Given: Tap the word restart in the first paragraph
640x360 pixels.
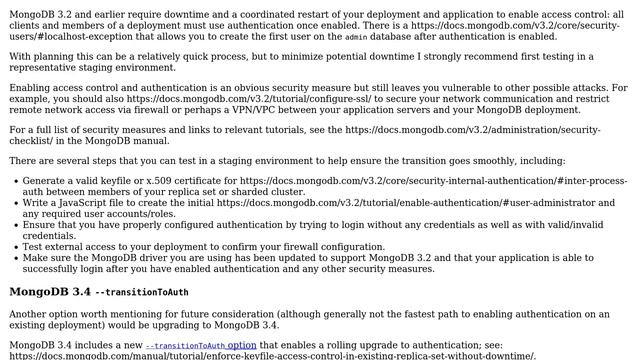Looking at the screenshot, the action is coord(313,10).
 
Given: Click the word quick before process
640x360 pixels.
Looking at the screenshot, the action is coord(239,56).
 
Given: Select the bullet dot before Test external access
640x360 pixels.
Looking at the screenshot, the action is coord(14,246).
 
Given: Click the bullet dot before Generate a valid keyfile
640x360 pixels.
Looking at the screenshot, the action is coord(14,180).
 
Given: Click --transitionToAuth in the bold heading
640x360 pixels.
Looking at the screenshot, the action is coord(141,292).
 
